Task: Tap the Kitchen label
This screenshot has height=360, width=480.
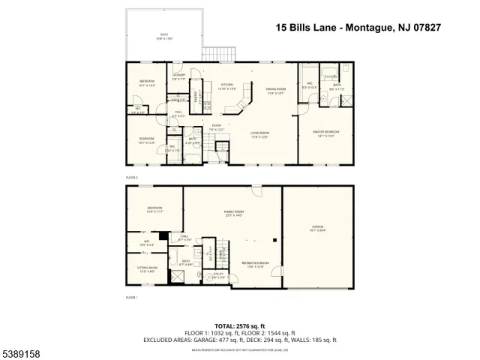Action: [x=226, y=85]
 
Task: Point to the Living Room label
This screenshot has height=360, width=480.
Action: [x=260, y=135]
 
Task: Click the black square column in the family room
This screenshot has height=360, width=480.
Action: [x=277, y=241]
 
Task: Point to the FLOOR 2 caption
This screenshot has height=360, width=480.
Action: [x=132, y=177]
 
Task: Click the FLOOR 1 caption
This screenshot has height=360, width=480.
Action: [x=132, y=298]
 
